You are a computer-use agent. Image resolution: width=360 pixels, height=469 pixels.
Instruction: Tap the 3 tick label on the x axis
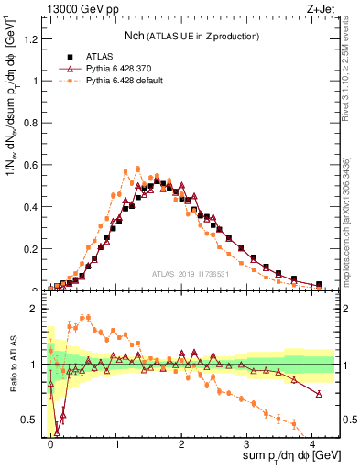click(246, 442)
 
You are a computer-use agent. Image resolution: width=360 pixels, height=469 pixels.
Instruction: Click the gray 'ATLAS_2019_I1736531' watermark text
click(193, 274)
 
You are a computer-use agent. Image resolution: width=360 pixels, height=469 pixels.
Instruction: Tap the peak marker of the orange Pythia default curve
click(137, 169)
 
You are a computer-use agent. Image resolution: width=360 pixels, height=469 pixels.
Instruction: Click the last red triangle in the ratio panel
click(319, 394)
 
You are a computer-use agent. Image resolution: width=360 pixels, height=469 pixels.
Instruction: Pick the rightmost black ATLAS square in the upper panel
click(319, 284)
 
